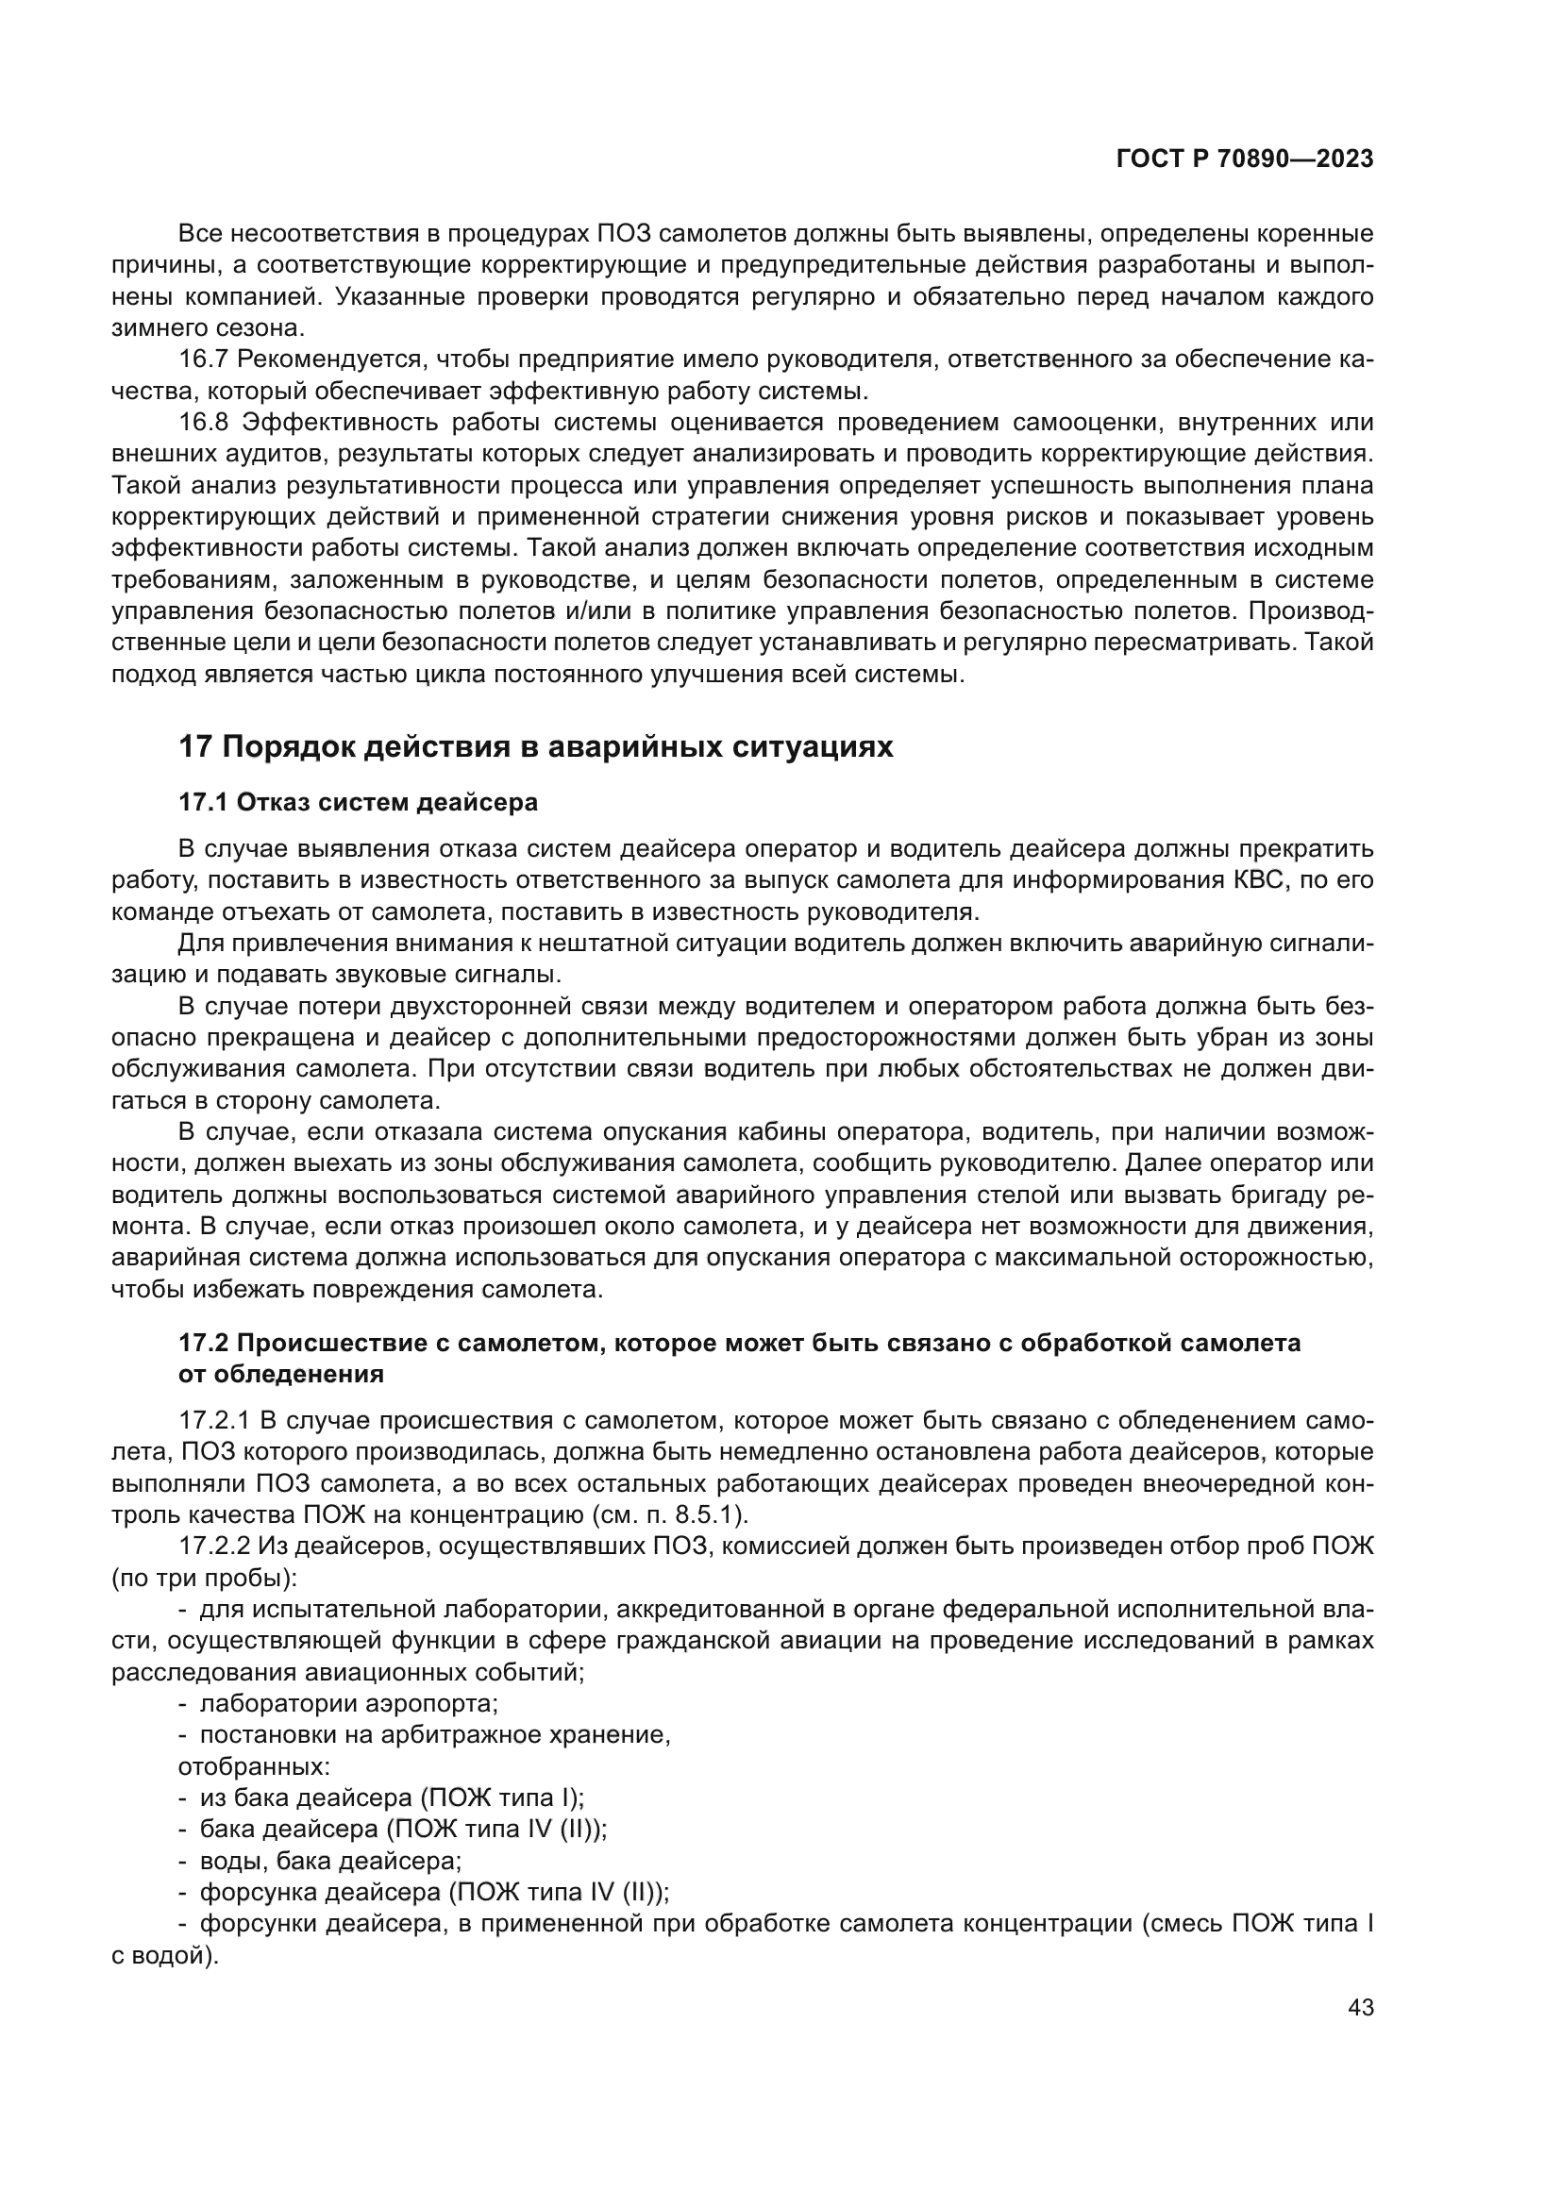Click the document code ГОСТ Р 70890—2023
[x=1245, y=159]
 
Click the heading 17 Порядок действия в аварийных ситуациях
[x=536, y=747]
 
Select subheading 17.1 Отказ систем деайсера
[x=359, y=802]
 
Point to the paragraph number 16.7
[x=202, y=359]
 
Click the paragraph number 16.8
[x=202, y=423]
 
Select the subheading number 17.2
[x=199, y=1344]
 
